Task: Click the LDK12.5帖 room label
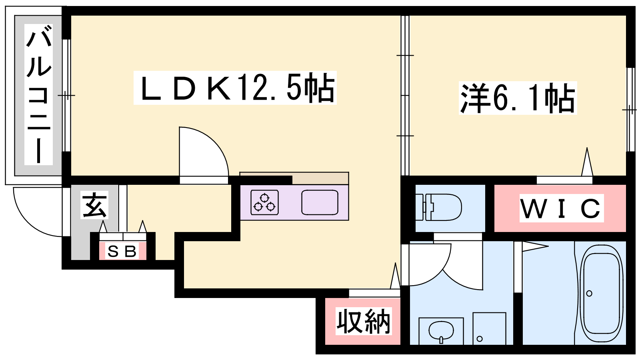pos(235,88)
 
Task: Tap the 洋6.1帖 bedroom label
pos(518,98)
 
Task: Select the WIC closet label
pos(561,208)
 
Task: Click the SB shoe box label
pos(122,252)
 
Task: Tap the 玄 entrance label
pos(94,205)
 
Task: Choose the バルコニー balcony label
pos(39,94)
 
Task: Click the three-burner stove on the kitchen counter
pos(264,202)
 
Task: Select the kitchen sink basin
pos(320,202)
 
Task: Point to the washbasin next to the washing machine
pos(441,331)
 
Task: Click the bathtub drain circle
pos(589,294)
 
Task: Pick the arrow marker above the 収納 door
pos(395,276)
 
